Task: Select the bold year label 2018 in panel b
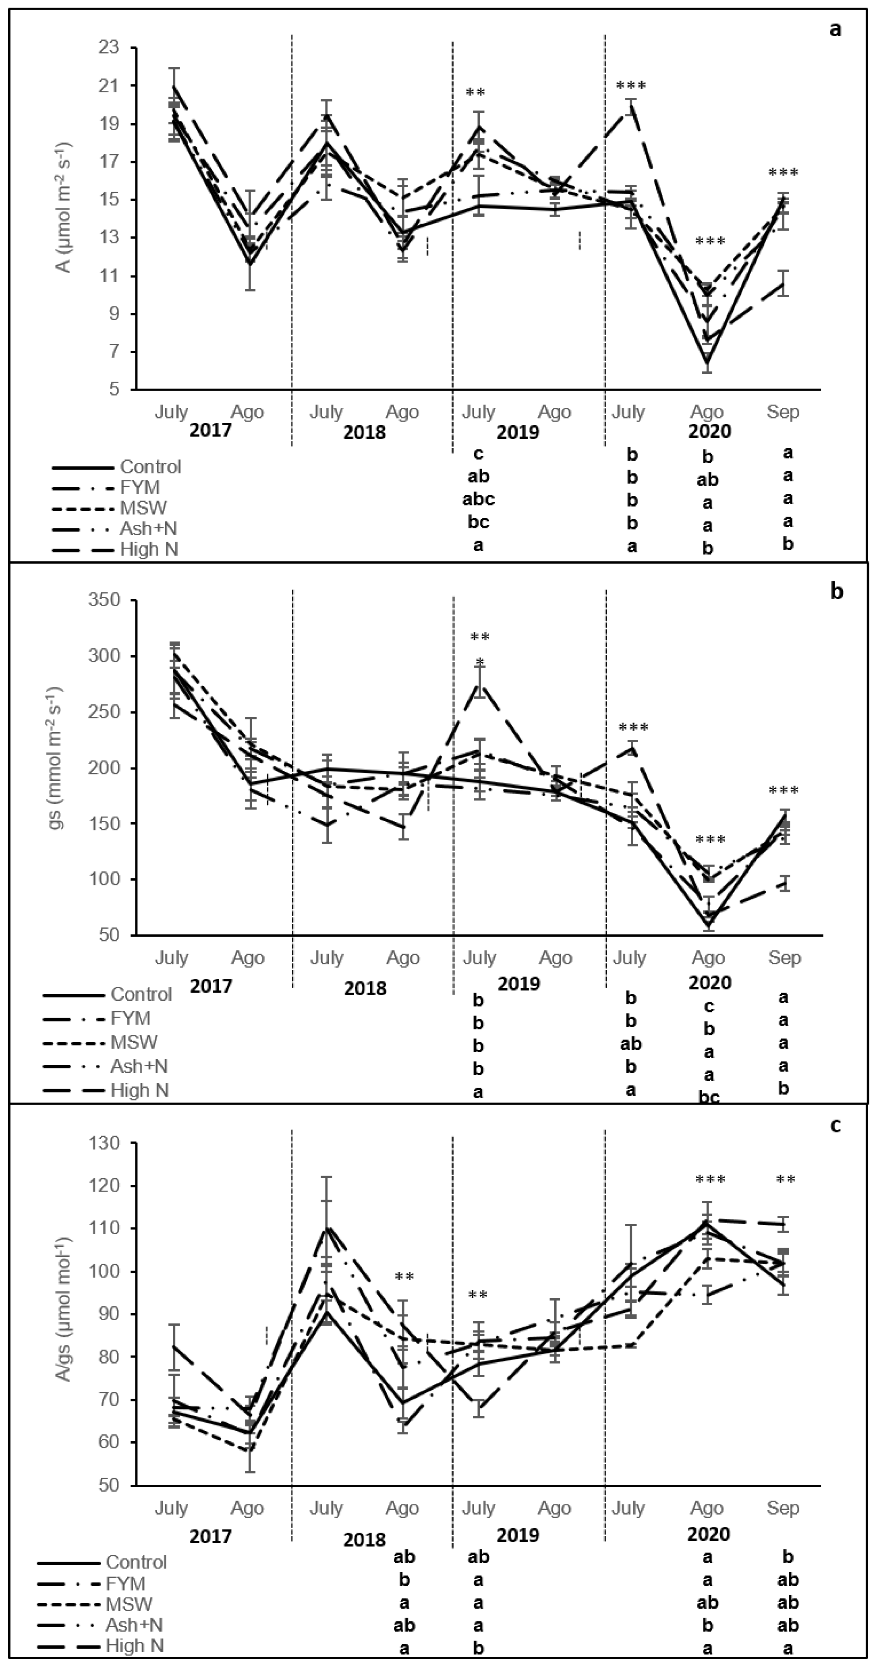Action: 365,989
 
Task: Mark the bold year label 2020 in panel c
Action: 709,1534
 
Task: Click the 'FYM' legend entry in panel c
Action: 125,1584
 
